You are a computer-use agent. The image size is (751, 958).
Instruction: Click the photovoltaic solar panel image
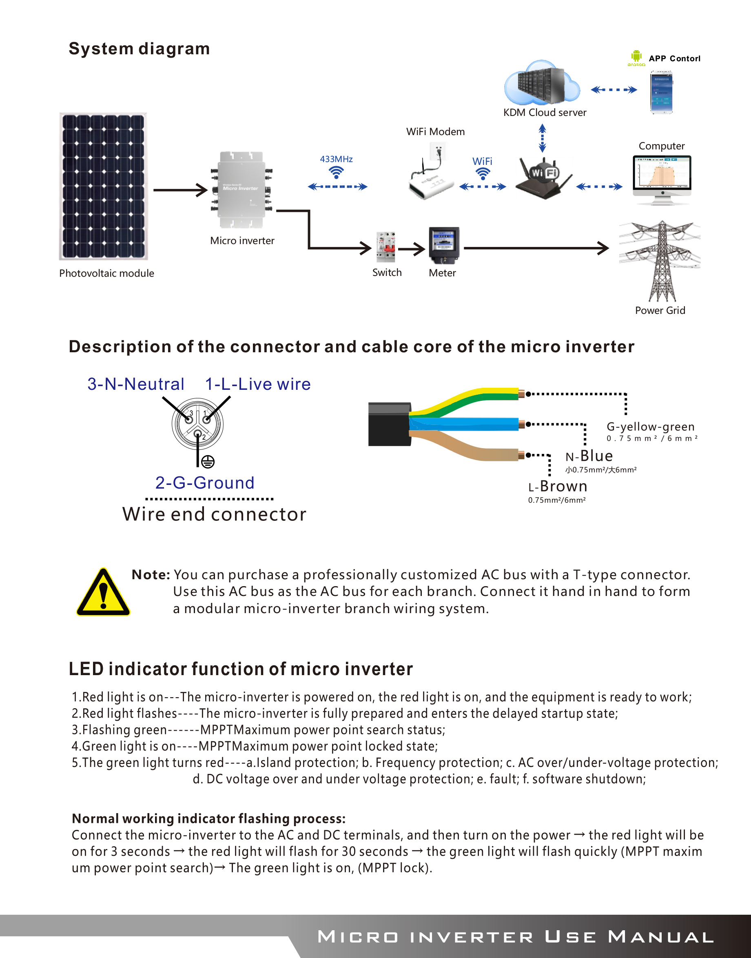[x=103, y=186]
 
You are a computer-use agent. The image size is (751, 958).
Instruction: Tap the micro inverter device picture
[x=241, y=189]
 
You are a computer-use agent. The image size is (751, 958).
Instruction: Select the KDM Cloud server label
[x=545, y=113]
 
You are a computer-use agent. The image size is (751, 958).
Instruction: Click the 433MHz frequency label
[x=337, y=159]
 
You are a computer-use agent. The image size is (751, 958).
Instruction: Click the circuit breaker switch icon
[x=385, y=247]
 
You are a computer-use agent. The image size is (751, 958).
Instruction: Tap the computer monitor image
[x=662, y=180]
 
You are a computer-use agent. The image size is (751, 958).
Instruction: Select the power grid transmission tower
[x=660, y=261]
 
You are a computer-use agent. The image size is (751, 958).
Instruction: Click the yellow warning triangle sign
[x=103, y=592]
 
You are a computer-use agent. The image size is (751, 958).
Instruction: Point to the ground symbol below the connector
[x=208, y=461]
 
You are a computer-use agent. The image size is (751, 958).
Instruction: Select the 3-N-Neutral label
[x=136, y=384]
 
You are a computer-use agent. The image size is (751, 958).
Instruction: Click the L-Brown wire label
[x=558, y=486]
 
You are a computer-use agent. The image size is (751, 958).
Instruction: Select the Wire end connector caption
[x=214, y=514]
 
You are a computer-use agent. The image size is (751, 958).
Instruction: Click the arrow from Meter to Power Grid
[x=536, y=248]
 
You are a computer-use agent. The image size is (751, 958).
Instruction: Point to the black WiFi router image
[x=544, y=178]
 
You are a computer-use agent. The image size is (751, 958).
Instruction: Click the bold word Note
[x=151, y=574]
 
